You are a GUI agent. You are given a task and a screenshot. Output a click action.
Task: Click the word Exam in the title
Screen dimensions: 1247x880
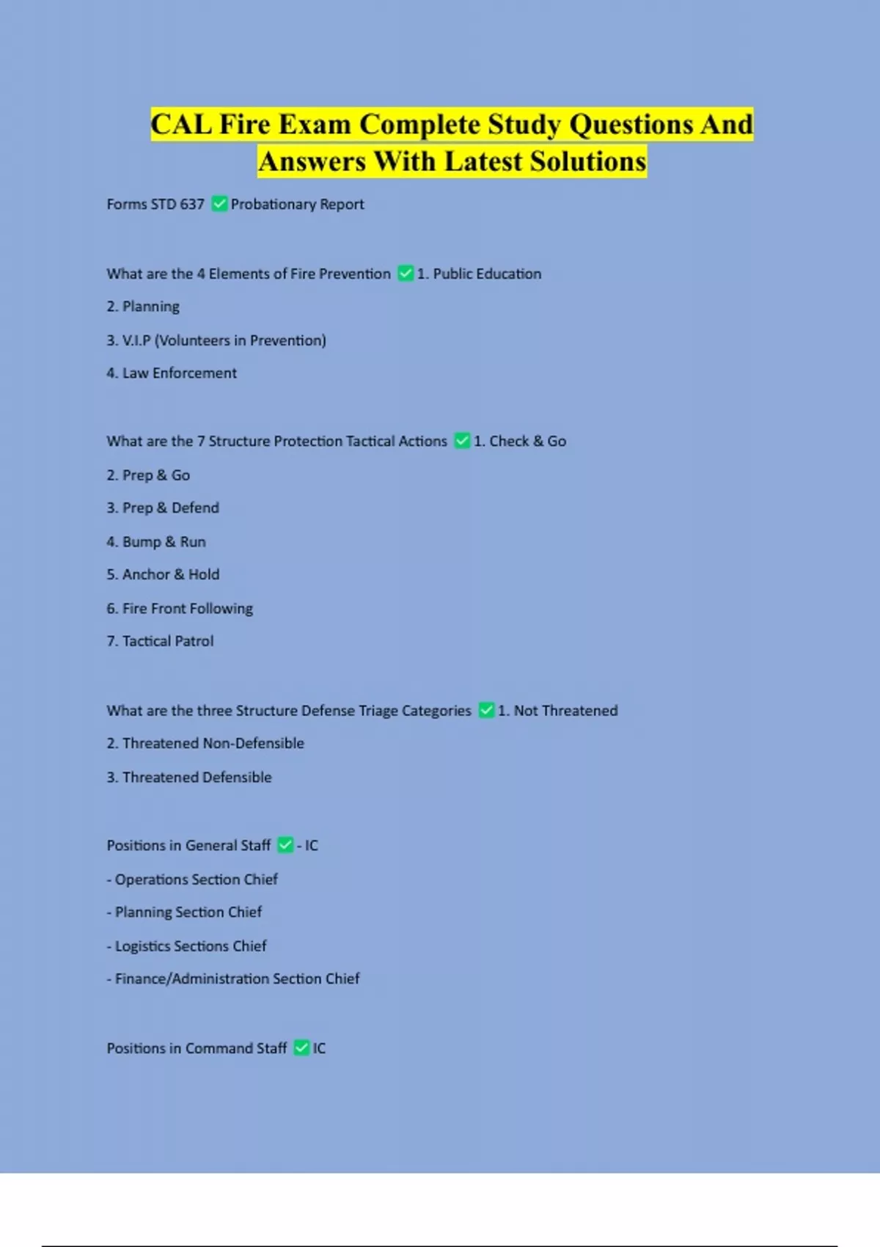(314, 125)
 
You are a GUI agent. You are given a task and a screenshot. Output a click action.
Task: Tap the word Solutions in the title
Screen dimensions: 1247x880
(588, 161)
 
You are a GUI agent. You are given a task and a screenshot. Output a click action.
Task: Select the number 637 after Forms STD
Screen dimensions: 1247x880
(192, 205)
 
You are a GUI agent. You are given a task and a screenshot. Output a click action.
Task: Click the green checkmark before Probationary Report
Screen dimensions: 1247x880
(219, 204)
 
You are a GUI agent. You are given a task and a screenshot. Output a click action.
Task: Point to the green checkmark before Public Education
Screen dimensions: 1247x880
(406, 274)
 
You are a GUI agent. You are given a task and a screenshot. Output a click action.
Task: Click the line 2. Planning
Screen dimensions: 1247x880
(143, 307)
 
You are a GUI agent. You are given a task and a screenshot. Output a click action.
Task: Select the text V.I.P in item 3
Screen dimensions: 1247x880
(136, 340)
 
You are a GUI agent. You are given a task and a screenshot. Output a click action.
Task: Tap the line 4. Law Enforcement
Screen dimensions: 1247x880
(172, 373)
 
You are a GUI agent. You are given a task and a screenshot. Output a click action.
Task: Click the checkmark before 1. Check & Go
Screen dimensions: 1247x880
(462, 441)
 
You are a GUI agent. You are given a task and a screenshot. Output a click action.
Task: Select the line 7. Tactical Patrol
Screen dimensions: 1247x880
(160, 642)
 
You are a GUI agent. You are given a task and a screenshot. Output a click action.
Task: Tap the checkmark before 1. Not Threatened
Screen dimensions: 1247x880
(486, 710)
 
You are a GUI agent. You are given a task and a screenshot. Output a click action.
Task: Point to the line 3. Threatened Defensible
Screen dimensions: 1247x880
(189, 778)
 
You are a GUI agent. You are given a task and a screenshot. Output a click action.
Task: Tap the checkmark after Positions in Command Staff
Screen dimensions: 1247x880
(301, 1048)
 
